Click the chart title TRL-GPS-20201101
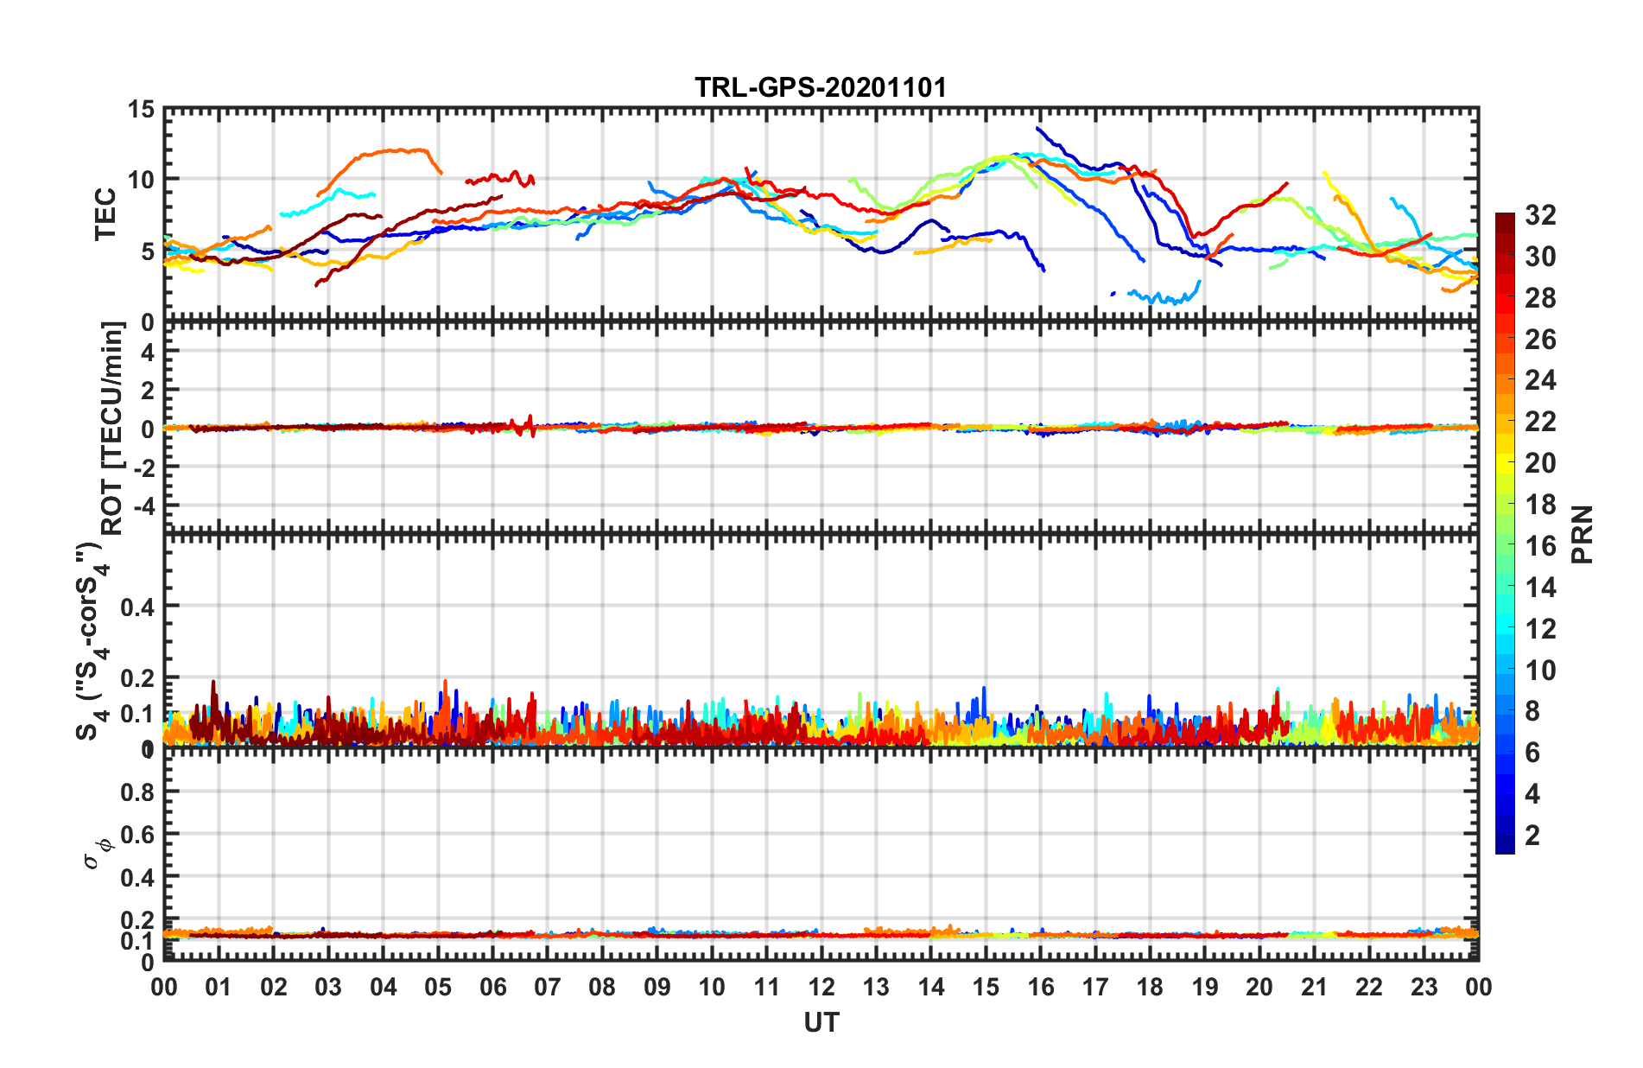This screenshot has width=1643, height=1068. tap(821, 87)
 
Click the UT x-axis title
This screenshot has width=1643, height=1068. tap(821, 1023)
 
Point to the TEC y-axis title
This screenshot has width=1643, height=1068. tap(105, 214)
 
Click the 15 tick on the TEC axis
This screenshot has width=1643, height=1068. tap(141, 110)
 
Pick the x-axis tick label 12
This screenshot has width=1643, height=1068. tap(821, 987)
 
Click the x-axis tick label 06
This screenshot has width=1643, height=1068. tap(493, 987)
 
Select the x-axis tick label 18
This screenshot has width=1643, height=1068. tap(1150, 987)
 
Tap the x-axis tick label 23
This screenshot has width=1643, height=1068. tap(1424, 987)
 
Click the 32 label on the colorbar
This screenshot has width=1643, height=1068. tap(1540, 215)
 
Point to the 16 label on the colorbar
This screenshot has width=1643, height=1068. tap(1540, 546)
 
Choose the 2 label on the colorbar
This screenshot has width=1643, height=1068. tap(1532, 836)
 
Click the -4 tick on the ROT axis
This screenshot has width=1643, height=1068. tap(146, 504)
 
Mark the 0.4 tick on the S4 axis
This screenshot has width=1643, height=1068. tap(137, 607)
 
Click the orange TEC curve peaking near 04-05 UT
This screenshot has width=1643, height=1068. tap(397, 151)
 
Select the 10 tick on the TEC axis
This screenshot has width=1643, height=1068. tap(141, 181)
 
